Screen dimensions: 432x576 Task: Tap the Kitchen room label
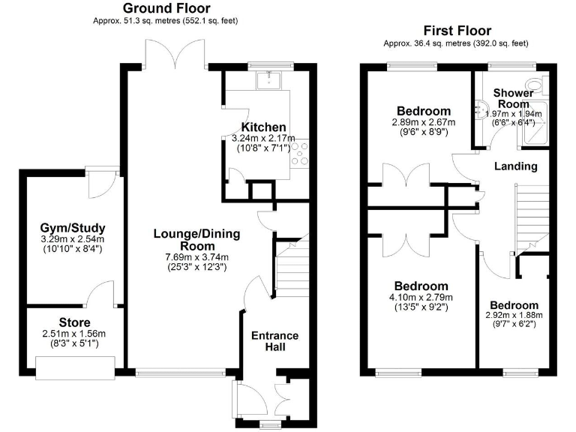(x=263, y=127)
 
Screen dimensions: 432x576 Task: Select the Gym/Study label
(x=73, y=228)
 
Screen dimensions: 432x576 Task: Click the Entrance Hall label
(x=274, y=341)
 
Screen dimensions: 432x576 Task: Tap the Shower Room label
(x=513, y=98)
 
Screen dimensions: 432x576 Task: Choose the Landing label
(x=516, y=166)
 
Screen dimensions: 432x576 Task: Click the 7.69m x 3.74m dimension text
(x=196, y=256)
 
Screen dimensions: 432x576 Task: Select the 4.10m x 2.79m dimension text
(x=421, y=297)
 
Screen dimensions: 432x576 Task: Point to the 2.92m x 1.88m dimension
(x=514, y=316)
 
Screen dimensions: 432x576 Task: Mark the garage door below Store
(x=74, y=365)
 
